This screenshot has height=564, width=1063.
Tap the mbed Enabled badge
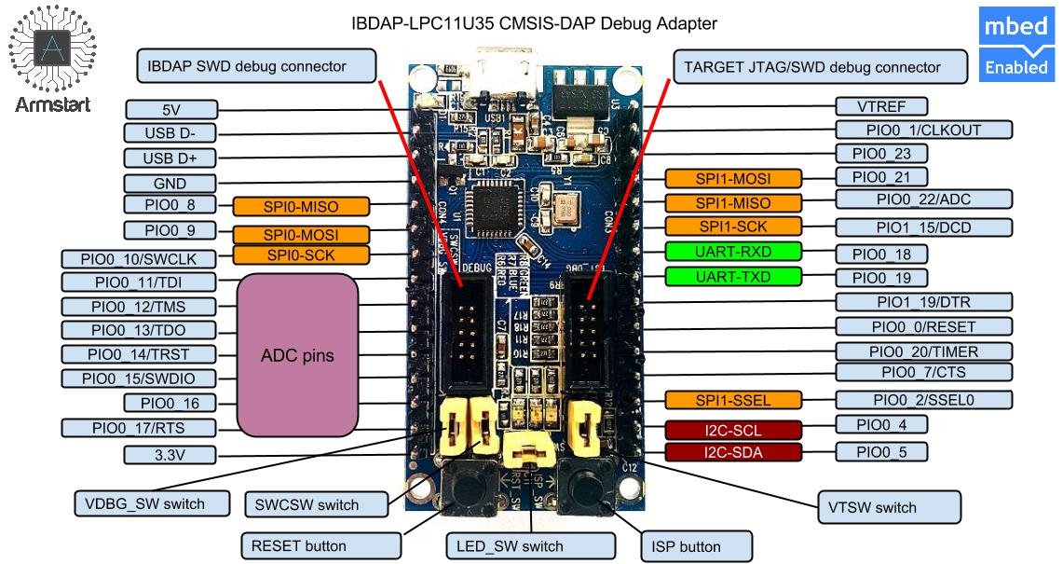(x=1015, y=46)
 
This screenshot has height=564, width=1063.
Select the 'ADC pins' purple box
(x=297, y=355)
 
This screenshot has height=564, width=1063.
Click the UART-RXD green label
(x=732, y=252)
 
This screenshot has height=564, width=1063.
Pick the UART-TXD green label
(x=732, y=276)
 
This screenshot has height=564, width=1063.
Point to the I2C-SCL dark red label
(x=733, y=430)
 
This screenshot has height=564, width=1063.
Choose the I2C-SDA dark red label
(x=733, y=453)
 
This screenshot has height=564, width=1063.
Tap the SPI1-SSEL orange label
(x=733, y=400)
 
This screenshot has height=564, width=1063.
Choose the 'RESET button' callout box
(x=298, y=545)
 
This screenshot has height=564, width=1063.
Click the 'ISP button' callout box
(x=695, y=545)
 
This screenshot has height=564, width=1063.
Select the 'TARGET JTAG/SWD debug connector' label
(x=811, y=67)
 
